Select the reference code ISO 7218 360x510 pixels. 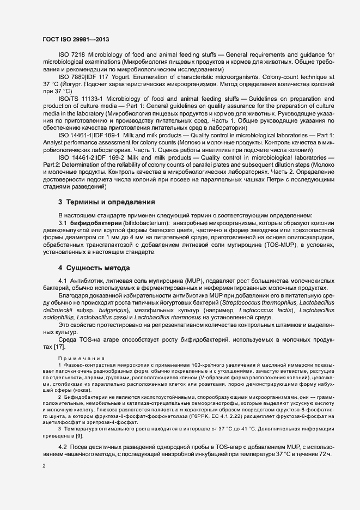point(71,56)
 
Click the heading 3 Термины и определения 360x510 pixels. point(106,202)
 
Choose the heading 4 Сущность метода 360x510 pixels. point(94,268)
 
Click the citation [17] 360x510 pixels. point(59,347)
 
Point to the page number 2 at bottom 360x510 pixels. point(44,465)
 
